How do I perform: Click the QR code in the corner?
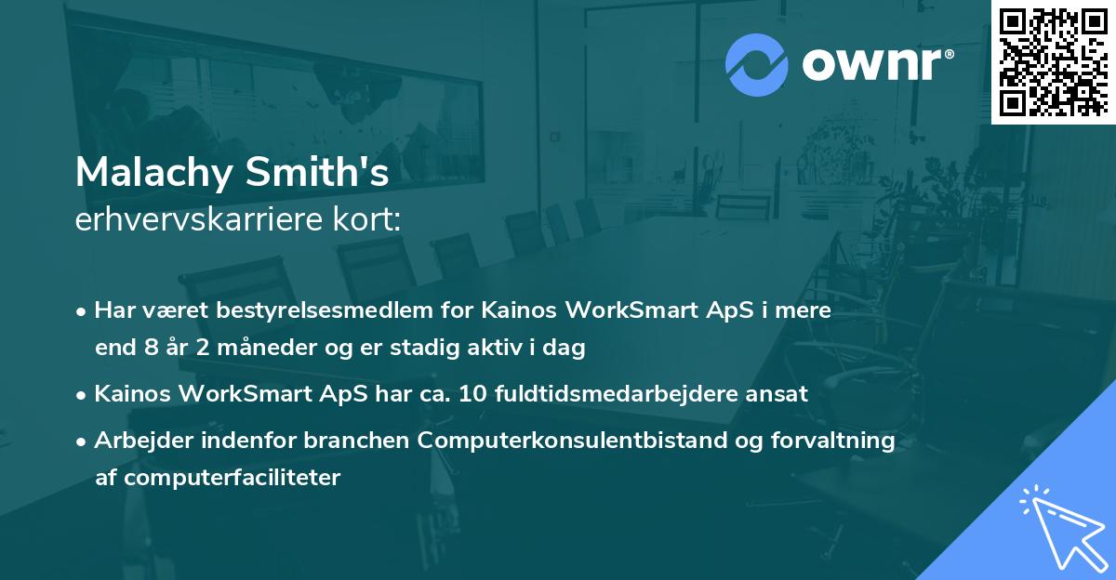point(1054,62)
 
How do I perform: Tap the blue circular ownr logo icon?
point(757,65)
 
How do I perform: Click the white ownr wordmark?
point(878,64)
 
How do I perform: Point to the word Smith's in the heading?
point(317,172)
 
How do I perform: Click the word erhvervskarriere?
point(199,219)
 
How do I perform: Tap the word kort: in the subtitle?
point(366,219)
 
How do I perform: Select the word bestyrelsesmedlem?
point(325,310)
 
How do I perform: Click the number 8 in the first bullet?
point(152,348)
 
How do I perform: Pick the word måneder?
point(267,347)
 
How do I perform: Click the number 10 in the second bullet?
point(472,394)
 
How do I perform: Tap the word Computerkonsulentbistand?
point(573,441)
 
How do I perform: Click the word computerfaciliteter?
point(232,478)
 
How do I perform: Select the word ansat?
point(777,395)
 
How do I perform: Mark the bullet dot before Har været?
point(81,312)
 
